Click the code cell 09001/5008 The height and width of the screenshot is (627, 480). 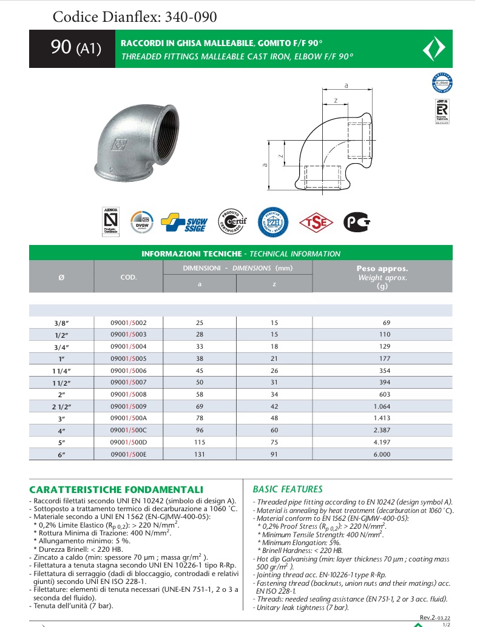[x=128, y=394]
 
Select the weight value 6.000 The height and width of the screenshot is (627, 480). [x=382, y=454]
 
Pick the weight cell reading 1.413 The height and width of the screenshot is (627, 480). [x=382, y=418]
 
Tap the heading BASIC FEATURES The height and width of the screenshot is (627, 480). [x=287, y=489]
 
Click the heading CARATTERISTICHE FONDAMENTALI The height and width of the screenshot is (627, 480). [x=116, y=489]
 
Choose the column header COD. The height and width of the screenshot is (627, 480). [x=128, y=277]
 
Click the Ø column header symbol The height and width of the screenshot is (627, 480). [x=61, y=277]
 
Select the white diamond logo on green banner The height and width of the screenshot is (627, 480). [x=433, y=49]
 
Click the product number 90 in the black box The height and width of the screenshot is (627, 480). [x=61, y=48]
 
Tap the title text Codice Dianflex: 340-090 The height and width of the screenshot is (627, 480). [x=135, y=16]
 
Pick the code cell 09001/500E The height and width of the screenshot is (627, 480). [x=128, y=454]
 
